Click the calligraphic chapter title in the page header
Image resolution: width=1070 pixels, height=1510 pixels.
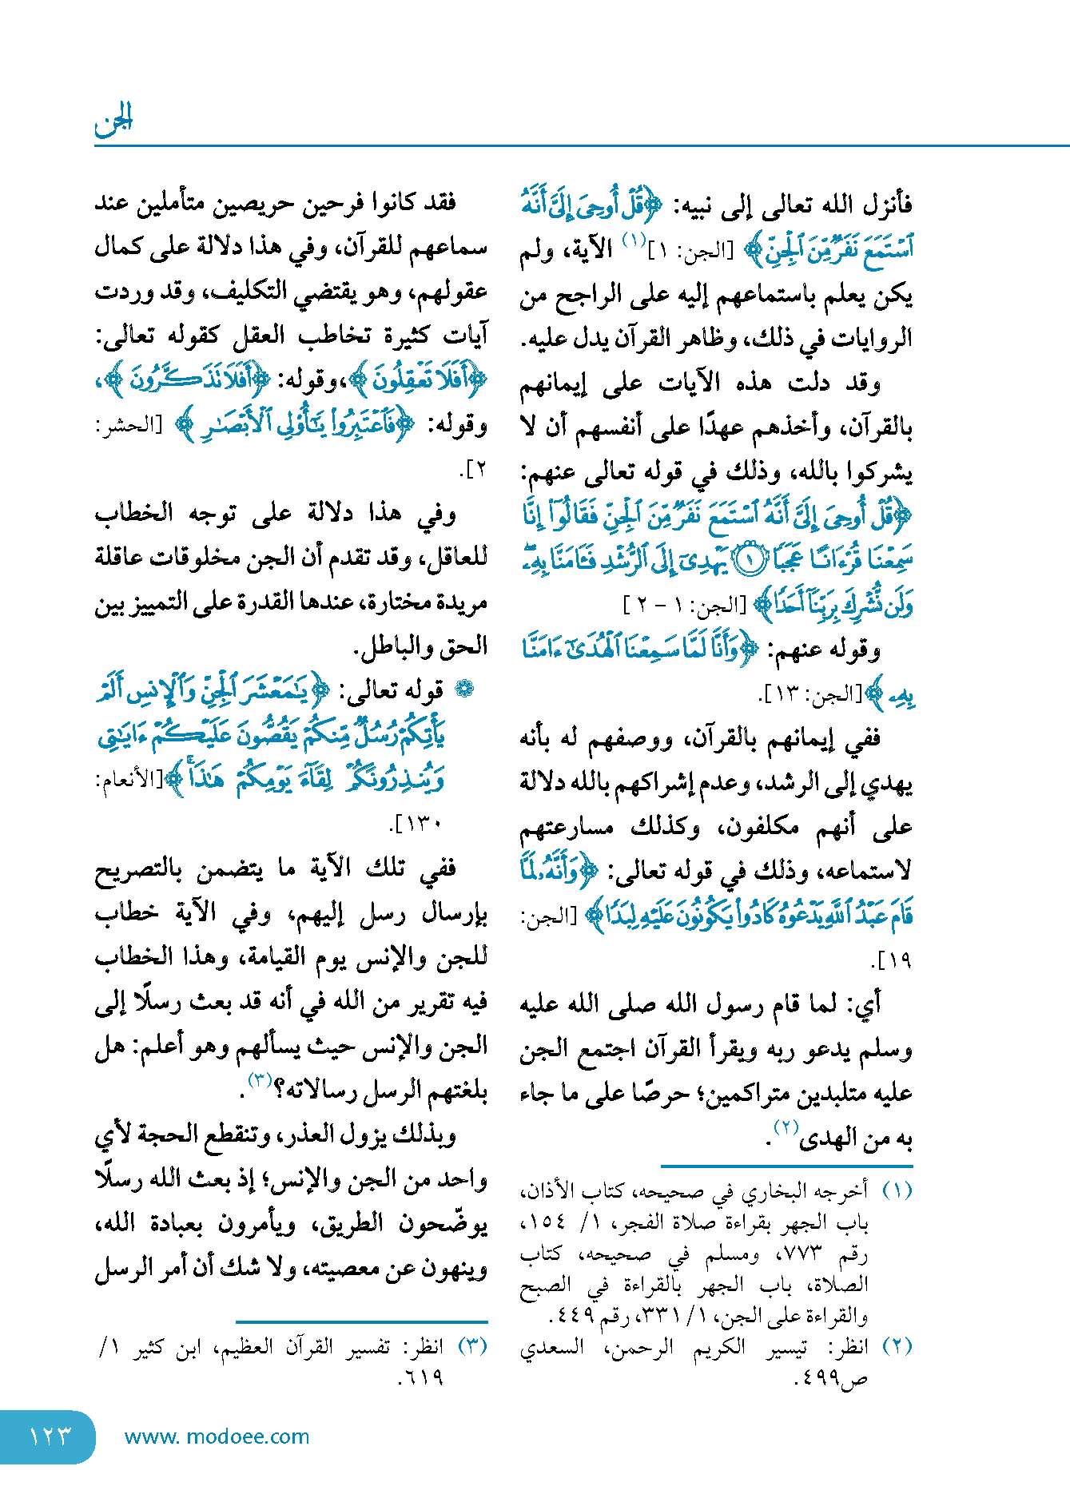113,121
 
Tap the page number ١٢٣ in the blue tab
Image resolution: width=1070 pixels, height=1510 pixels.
50,1436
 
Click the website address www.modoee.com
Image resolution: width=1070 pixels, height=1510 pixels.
217,1436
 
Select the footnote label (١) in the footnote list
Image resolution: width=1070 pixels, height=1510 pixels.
897,1191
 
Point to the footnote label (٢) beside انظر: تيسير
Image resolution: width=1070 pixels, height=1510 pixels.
897,1346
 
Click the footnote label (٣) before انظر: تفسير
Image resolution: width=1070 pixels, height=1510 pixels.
472,1346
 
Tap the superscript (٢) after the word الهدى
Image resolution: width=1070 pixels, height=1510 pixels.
786,1127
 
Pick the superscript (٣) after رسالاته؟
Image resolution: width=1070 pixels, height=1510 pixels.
260,1081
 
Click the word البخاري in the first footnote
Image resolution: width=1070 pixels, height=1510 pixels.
773,1191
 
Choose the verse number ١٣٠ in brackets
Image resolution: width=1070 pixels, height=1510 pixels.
421,824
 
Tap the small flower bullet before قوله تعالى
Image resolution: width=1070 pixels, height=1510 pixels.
463,689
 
